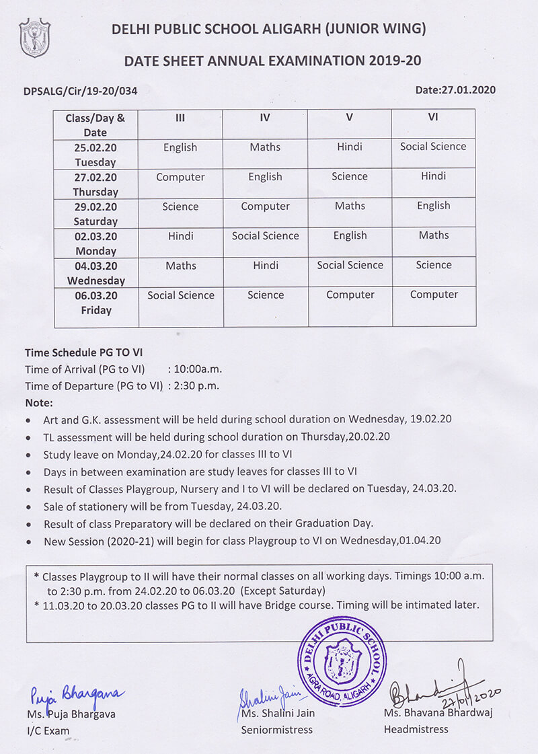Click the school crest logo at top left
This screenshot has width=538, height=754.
34,38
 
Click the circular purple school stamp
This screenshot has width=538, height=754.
342,661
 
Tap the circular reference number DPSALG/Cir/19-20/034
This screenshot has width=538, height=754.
85,91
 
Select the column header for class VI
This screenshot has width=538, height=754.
433,117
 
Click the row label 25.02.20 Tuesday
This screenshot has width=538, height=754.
95,155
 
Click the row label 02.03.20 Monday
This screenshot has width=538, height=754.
95,243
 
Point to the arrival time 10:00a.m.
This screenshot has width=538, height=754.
198,369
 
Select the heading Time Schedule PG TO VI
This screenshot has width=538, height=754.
83,352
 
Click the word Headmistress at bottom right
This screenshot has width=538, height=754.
416,729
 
